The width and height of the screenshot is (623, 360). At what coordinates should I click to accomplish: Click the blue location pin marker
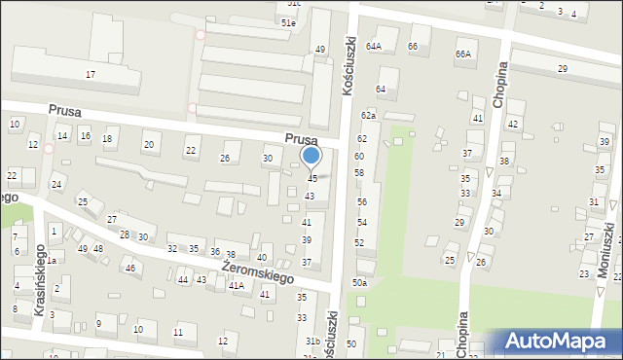(311, 156)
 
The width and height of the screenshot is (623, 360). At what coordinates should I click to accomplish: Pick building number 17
(91, 75)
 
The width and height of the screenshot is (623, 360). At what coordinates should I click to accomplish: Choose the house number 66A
(463, 54)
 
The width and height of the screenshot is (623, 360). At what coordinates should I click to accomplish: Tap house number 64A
(374, 46)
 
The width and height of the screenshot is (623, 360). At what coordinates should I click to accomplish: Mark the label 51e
(287, 22)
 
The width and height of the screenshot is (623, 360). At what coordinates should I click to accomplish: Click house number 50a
(360, 282)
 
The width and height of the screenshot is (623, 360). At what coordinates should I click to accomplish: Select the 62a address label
(368, 116)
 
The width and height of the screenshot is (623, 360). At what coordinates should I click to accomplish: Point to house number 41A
(236, 286)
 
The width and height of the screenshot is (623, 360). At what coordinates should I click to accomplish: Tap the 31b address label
(312, 342)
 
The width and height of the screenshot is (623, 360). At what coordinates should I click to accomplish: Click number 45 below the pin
(312, 179)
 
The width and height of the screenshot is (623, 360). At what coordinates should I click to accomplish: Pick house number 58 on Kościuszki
(359, 172)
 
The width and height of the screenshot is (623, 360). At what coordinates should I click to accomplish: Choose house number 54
(361, 223)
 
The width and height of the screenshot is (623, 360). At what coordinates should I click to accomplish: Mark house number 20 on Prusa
(149, 145)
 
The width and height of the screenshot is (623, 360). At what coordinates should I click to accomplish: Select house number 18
(107, 139)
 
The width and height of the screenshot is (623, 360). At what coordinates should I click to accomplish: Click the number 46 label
(129, 268)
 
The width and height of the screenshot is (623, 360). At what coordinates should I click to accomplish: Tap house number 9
(99, 323)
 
